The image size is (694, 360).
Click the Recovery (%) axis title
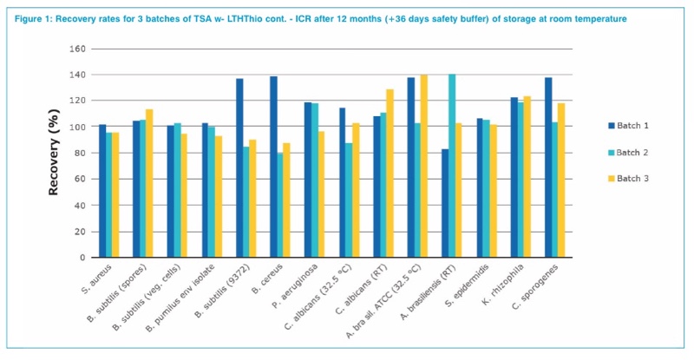pyautogui.click(x=54, y=153)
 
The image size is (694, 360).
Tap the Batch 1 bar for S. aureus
pyautogui.click(x=102, y=191)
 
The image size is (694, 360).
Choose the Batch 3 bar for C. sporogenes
pyautogui.click(x=560, y=180)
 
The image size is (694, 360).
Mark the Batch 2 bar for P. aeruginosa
pyautogui.click(x=315, y=180)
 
